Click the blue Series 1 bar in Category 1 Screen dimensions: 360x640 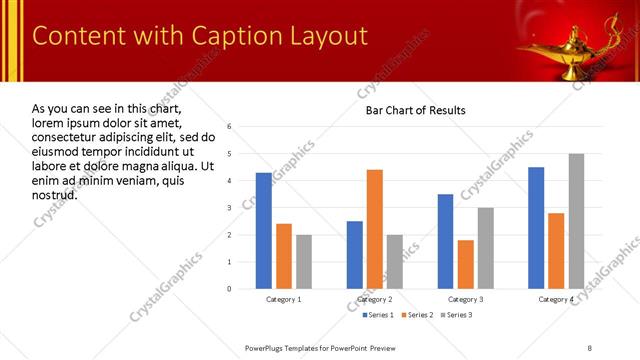[264, 231]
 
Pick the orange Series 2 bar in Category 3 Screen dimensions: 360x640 [466, 264]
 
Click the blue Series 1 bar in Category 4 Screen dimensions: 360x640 [536, 228]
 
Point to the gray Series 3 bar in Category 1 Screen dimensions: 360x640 [304, 262]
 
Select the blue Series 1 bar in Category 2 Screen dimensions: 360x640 [355, 255]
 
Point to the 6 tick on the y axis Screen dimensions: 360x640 [230, 127]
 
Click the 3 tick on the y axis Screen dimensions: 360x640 [230, 208]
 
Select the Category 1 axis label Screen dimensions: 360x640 [284, 299]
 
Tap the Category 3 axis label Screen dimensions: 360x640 [466, 299]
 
